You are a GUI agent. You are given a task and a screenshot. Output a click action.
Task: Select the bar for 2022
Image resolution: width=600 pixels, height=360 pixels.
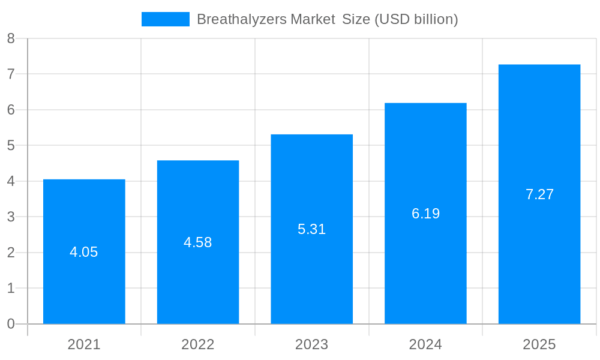pyautogui.click(x=198, y=282)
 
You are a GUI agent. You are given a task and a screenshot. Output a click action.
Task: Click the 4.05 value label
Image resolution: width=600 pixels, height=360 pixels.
pyautogui.click(x=84, y=252)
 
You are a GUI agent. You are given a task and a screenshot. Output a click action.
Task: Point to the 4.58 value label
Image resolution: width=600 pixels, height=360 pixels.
pyautogui.click(x=198, y=242)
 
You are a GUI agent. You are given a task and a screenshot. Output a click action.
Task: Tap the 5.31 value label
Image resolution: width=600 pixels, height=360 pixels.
pyautogui.click(x=311, y=229)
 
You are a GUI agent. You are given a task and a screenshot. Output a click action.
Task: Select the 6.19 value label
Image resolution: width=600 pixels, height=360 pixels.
pyautogui.click(x=425, y=214)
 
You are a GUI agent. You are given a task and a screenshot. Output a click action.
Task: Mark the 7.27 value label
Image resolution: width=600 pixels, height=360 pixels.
pyautogui.click(x=539, y=194)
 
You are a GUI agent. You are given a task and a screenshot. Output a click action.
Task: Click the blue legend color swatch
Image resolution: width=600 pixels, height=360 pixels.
pyautogui.click(x=165, y=19)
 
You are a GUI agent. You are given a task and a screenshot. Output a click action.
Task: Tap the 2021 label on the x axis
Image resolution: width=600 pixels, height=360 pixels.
pyautogui.click(x=84, y=344)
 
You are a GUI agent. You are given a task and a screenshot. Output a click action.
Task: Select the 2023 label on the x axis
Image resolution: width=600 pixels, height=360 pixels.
pyautogui.click(x=311, y=344)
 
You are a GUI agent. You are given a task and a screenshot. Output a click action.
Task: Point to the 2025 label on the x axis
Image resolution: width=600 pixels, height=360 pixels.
pyautogui.click(x=539, y=344)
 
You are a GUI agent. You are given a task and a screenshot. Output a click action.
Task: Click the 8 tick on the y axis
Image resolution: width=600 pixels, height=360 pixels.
pyautogui.click(x=11, y=39)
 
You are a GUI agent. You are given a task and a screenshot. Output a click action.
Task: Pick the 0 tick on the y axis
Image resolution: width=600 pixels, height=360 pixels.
pyautogui.click(x=11, y=324)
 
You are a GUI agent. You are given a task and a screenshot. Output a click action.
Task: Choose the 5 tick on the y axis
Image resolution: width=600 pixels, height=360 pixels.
pyautogui.click(x=11, y=146)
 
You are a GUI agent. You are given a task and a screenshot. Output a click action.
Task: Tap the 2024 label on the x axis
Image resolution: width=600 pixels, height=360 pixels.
pyautogui.click(x=425, y=344)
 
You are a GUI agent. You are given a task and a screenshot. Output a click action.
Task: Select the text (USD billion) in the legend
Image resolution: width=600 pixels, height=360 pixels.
pyautogui.click(x=416, y=19)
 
